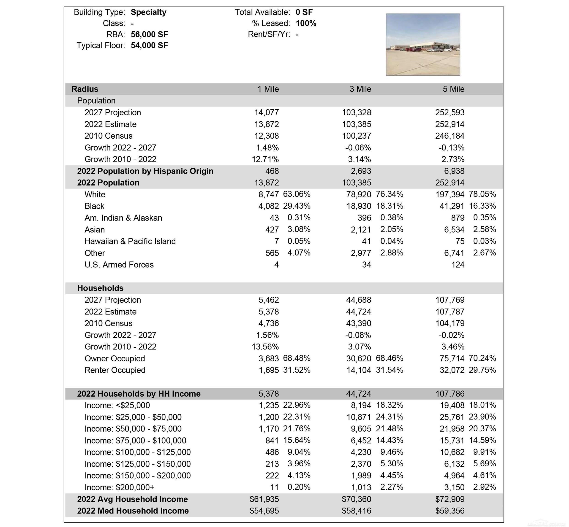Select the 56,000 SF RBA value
(x=149, y=35)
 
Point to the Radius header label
(x=85, y=89)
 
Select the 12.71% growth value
(x=265, y=159)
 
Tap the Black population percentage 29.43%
(x=296, y=206)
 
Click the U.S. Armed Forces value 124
(x=458, y=265)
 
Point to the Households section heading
(x=100, y=288)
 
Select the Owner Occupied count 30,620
(x=358, y=358)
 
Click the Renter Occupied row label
(x=115, y=370)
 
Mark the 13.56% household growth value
(x=265, y=347)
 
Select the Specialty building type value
(x=148, y=12)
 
